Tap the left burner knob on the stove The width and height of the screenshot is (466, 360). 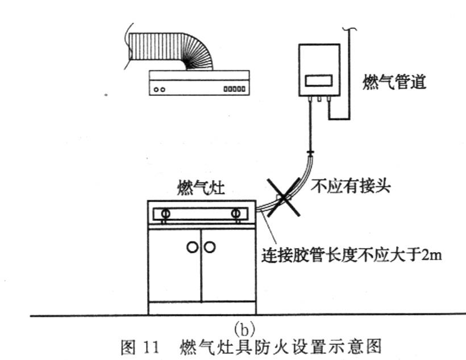pyautogui.click(x=165, y=214)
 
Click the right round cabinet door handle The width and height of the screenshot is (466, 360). pyautogui.click(x=210, y=247)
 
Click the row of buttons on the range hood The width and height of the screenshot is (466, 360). pyautogui.click(x=235, y=89)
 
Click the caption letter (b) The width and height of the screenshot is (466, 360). pyautogui.click(x=244, y=328)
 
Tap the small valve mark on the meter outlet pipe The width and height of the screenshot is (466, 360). pyautogui.click(x=310, y=153)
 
